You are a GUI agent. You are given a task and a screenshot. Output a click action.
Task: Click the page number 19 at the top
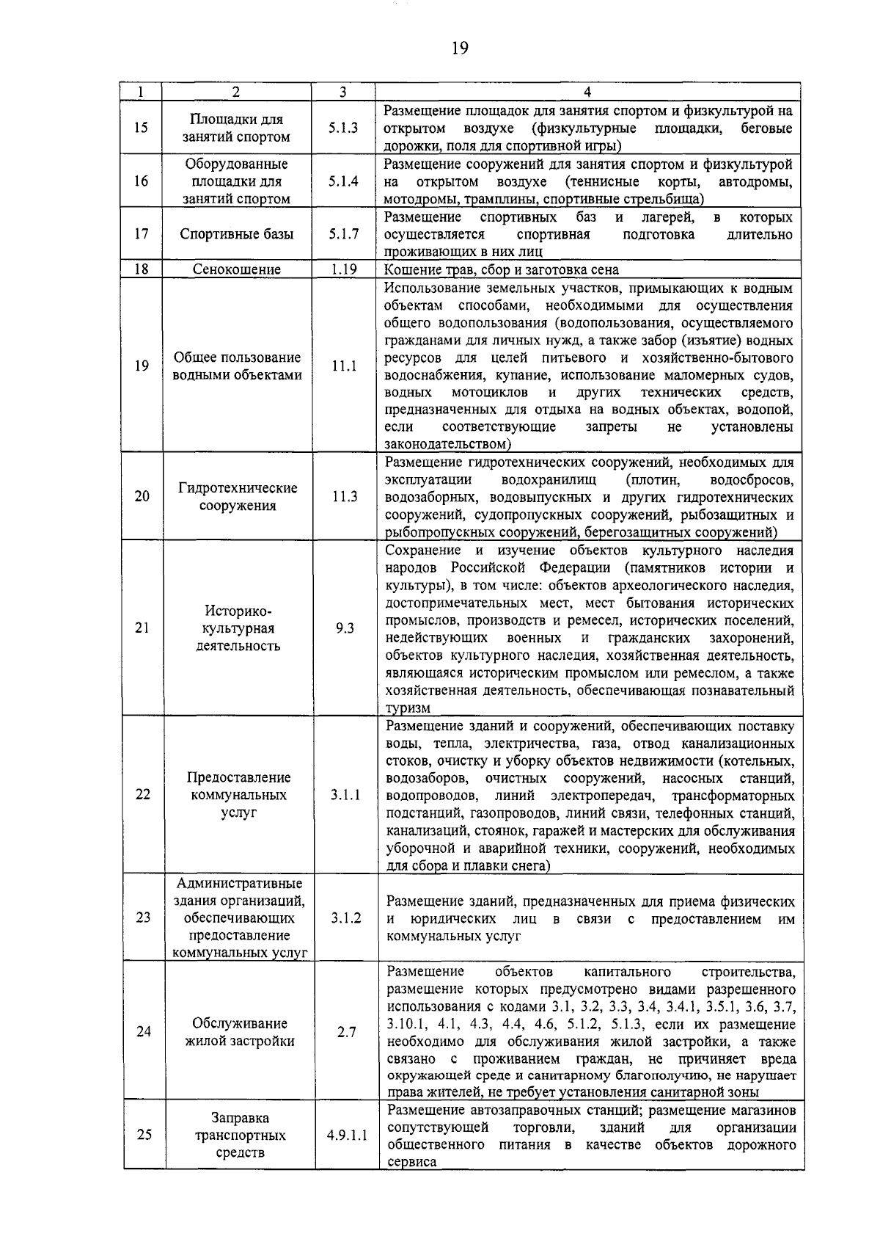click(x=459, y=48)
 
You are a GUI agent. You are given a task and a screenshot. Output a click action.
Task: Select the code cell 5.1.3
click(x=343, y=128)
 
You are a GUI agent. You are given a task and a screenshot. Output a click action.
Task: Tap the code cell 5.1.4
click(x=343, y=181)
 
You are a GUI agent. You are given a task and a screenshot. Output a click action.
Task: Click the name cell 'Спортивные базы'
click(x=237, y=234)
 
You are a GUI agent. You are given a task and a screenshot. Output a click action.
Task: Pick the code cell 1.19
click(x=343, y=269)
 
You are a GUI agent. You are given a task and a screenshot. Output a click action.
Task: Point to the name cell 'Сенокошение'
click(x=237, y=269)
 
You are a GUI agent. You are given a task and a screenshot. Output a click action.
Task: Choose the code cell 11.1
click(x=343, y=366)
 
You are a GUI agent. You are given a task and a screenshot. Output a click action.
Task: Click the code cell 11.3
click(x=344, y=496)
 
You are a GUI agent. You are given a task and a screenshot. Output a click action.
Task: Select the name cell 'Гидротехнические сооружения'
click(x=238, y=497)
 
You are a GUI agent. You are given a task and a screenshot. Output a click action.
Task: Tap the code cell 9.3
click(x=345, y=628)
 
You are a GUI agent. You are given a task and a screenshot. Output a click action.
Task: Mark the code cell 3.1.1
click(x=345, y=795)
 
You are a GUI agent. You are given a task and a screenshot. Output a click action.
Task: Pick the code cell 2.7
click(x=346, y=1032)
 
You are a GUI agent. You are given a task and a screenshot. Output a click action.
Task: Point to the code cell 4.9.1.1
click(x=347, y=1135)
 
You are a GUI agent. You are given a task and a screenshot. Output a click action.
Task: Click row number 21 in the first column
click(x=142, y=628)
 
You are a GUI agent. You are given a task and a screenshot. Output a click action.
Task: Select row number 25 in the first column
click(x=144, y=1135)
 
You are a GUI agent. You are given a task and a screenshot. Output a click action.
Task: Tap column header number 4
click(x=587, y=92)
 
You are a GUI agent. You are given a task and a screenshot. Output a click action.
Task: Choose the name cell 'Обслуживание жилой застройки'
click(x=239, y=1032)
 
